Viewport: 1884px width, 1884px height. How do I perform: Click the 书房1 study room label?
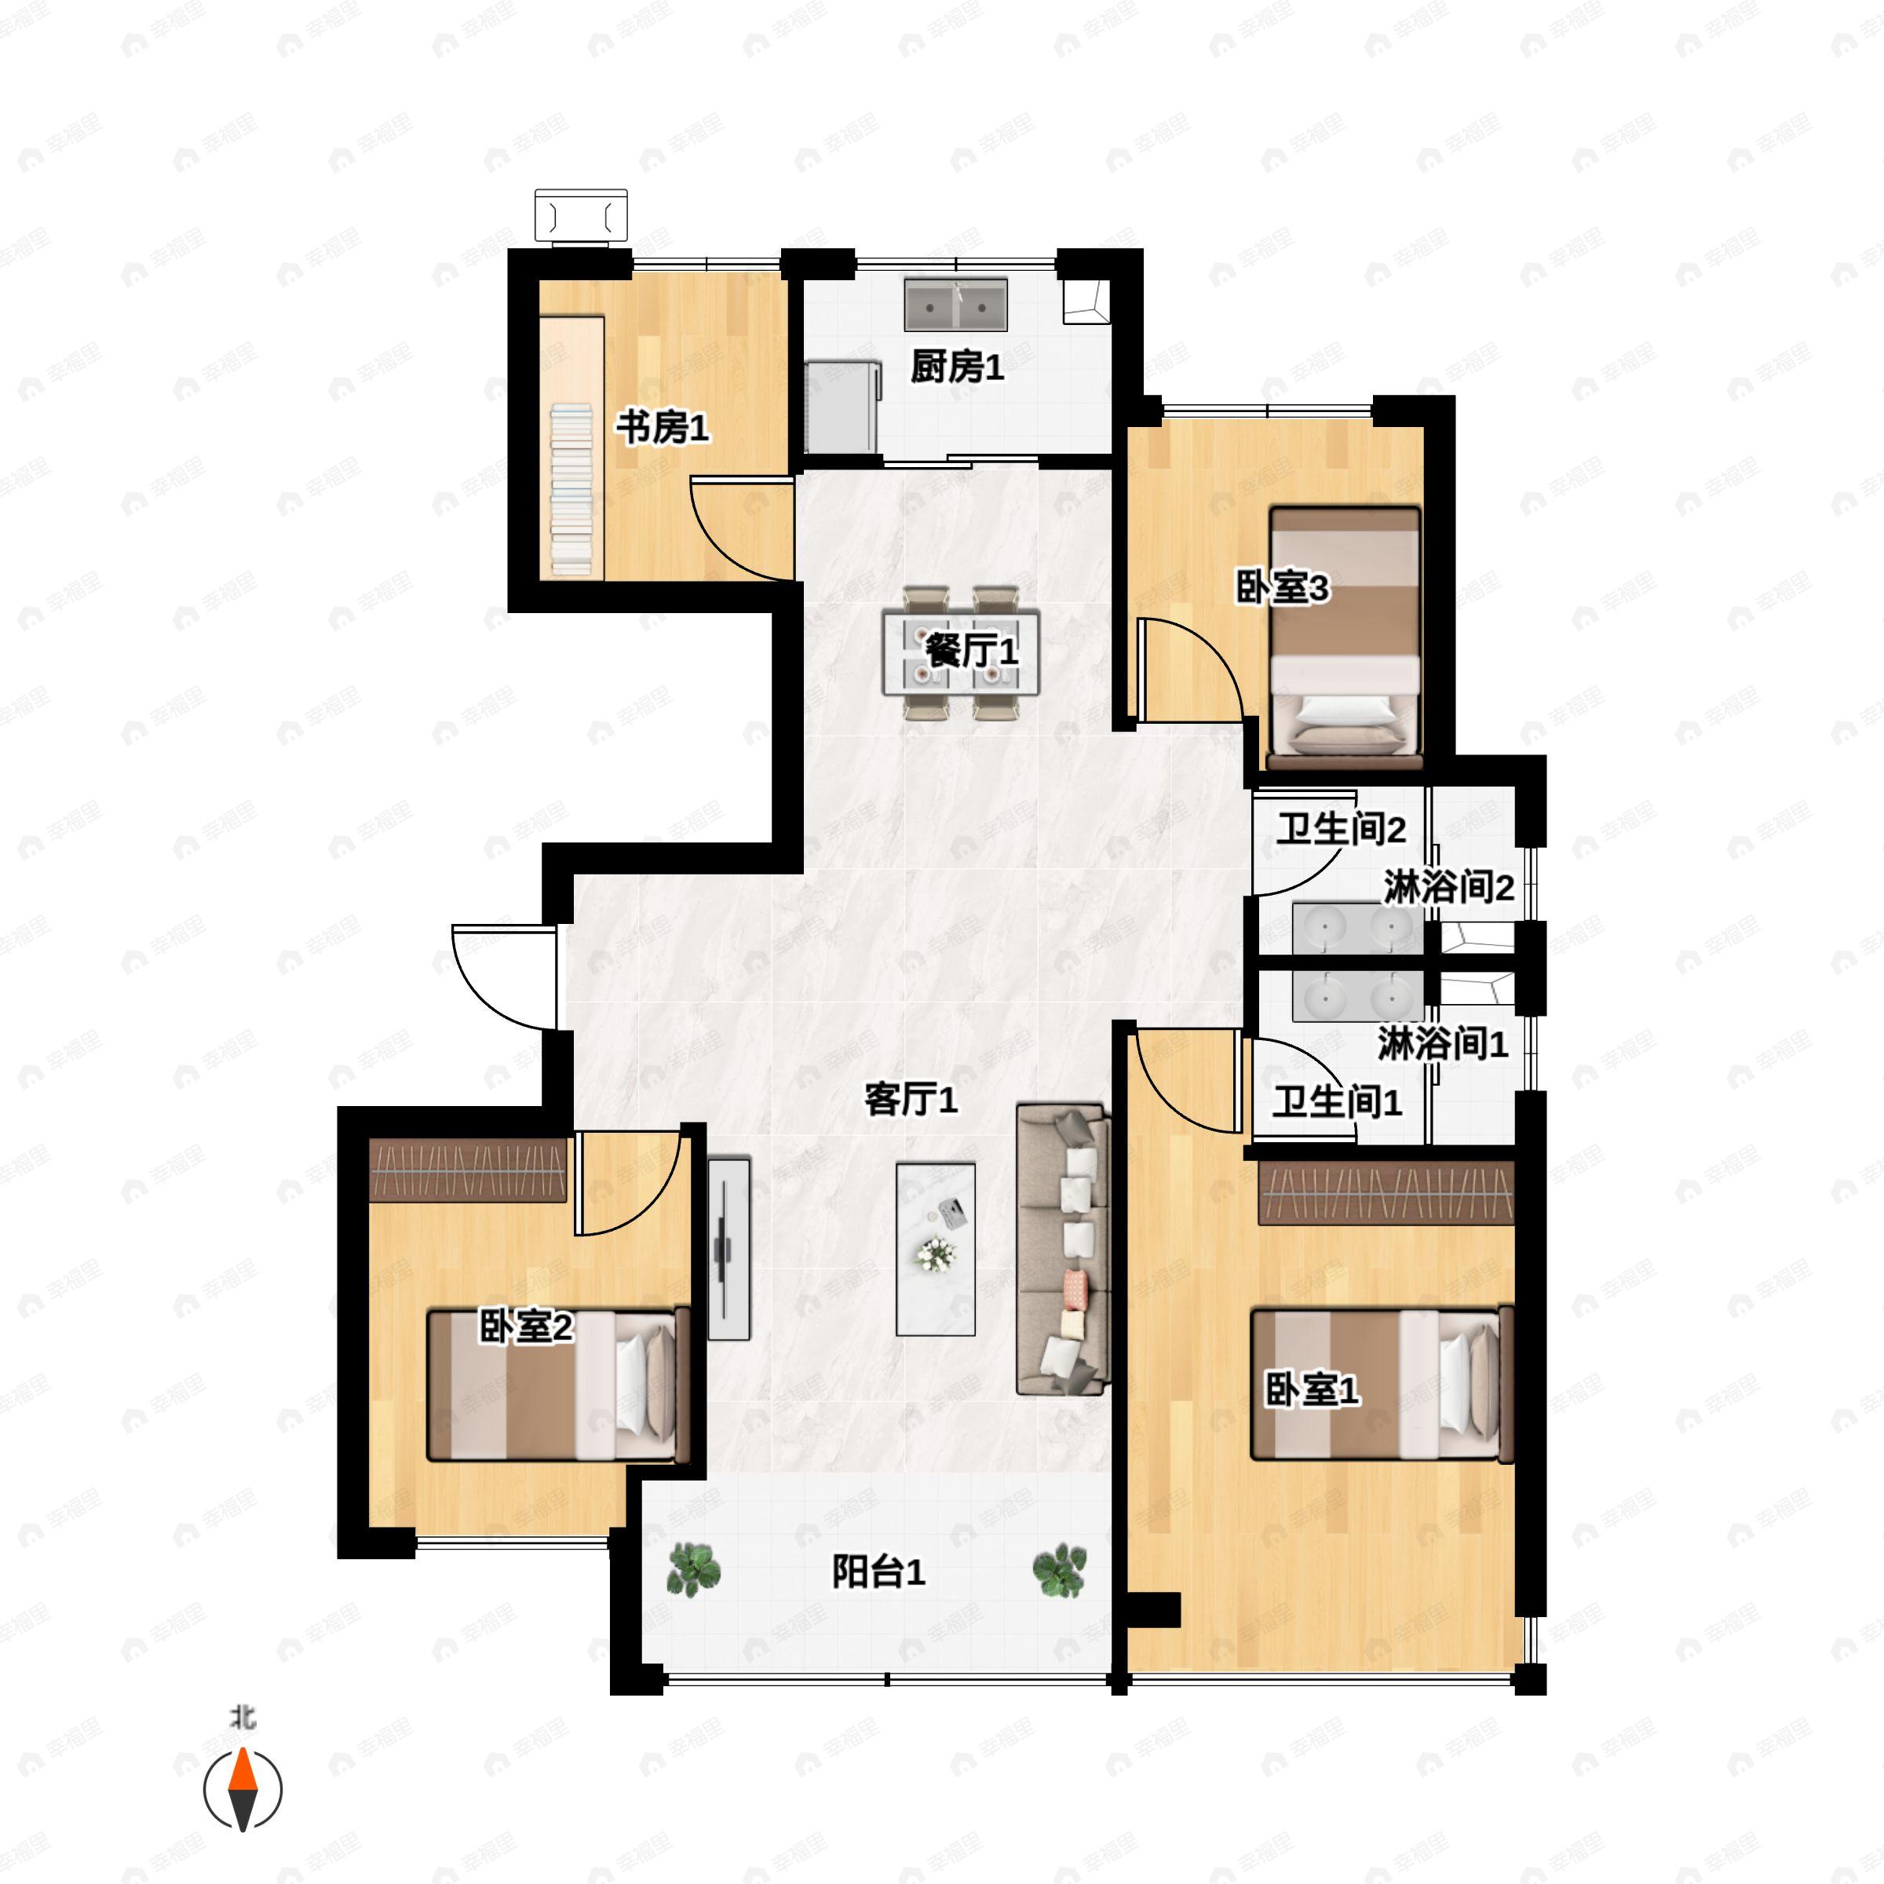662,427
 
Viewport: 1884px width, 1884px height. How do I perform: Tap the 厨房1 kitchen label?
957,367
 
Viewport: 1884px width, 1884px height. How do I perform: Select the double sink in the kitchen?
955,305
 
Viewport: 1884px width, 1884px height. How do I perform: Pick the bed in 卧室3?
1344,637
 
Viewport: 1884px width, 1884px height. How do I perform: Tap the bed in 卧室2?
559,1385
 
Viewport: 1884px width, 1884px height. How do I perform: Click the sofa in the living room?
1063,1249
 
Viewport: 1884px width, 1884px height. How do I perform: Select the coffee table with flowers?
935,1249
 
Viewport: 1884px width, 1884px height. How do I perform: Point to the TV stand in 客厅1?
728,1249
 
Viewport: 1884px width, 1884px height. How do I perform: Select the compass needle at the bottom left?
242,1790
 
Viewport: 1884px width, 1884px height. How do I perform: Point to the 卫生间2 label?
1341,829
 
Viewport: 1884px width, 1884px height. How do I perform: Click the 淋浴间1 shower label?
1442,1043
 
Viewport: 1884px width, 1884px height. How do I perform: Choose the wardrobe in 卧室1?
1386,1192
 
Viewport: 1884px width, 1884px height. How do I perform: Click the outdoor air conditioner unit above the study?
580,216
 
